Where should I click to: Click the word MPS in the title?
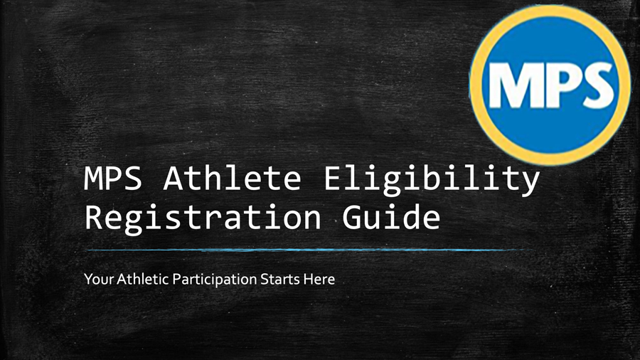[113, 179]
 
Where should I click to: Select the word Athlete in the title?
[233, 178]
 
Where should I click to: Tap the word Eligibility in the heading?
[432, 181]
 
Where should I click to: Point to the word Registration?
[203, 218]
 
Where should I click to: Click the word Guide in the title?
[391, 216]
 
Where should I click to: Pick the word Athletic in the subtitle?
[142, 279]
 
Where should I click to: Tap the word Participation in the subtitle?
[214, 280]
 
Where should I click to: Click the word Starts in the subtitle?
[280, 280]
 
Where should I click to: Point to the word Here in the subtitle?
[319, 280]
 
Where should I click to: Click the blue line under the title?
[309, 250]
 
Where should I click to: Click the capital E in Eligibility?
[334, 179]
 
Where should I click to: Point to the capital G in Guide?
[351, 217]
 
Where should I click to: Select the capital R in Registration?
[94, 217]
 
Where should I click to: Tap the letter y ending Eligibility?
[530, 184]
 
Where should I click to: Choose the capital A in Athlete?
[173, 179]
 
